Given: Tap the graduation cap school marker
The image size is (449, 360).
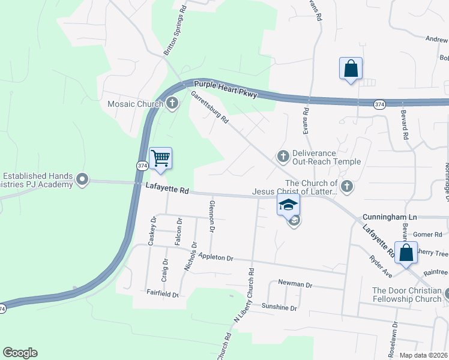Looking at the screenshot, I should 288,205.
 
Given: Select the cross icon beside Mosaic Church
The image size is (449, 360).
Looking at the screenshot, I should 172,104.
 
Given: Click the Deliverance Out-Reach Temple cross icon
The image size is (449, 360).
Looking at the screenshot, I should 283,157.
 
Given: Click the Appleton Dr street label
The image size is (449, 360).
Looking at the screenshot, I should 212,256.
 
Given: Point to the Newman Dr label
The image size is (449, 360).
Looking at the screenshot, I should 296,283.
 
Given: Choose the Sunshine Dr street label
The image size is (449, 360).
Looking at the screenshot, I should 279,307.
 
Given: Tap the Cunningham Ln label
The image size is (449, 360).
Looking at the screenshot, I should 385,217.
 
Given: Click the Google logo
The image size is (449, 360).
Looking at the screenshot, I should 20,353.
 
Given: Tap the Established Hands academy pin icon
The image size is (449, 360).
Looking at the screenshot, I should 83,179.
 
